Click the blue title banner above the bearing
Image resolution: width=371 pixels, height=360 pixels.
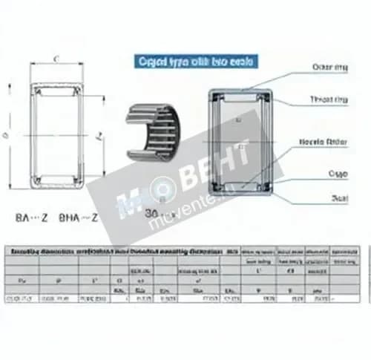point(196,62)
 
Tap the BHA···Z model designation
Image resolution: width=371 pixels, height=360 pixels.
point(79,219)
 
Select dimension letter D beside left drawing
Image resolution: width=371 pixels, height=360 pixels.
point(7,134)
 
